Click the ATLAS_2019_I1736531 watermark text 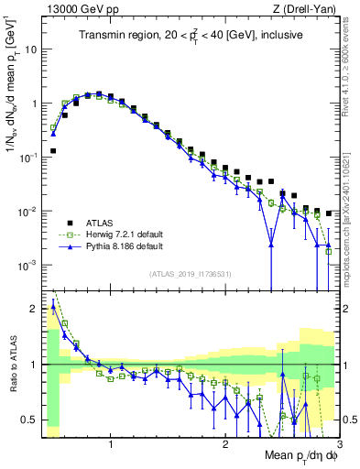190,275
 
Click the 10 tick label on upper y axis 30,49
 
